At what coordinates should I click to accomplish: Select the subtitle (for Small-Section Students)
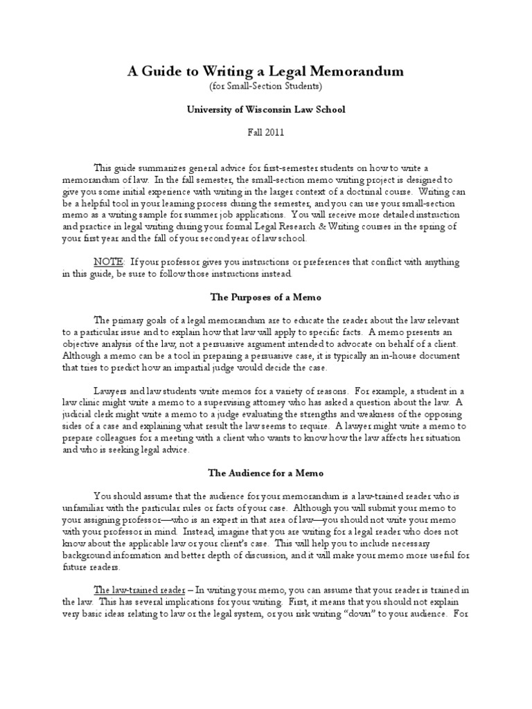265,86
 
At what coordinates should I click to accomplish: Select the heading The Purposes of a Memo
265,296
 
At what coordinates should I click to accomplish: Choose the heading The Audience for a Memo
265,473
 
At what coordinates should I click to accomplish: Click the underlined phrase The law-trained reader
138,589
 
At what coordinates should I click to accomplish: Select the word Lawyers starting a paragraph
111,391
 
